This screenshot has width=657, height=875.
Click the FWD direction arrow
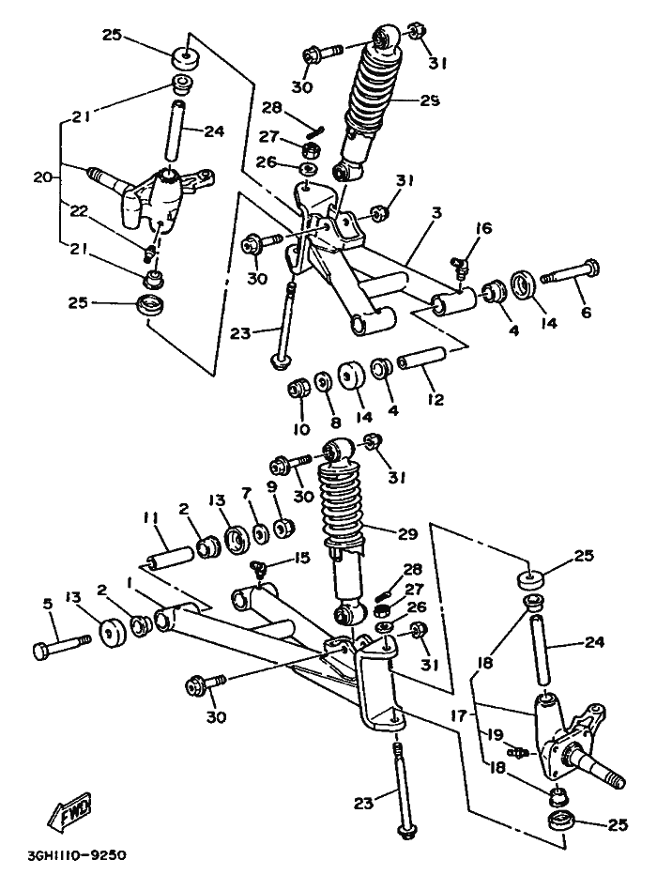point(69,806)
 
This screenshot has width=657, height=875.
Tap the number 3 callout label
point(436,212)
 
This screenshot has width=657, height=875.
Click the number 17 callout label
point(458,715)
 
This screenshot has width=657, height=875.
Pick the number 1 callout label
point(130,583)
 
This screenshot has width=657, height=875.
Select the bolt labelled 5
point(61,646)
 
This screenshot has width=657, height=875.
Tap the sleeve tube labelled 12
point(421,359)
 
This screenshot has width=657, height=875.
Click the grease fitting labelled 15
point(259,569)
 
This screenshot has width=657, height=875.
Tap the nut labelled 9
point(283,528)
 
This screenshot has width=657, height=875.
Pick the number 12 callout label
point(435,400)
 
